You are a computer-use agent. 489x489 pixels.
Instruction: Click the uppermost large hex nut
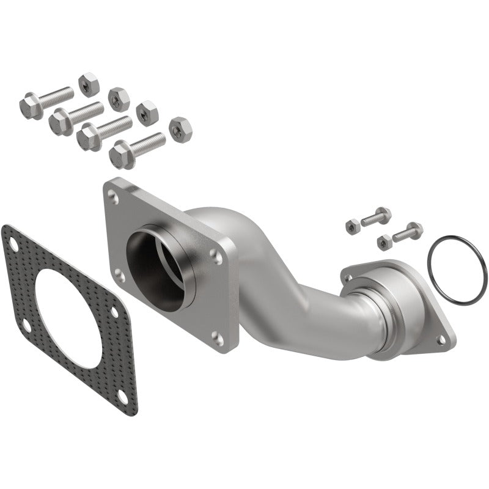pyautogui.click(x=89, y=84)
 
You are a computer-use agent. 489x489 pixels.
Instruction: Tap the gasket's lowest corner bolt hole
pyautogui.click(x=123, y=397)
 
